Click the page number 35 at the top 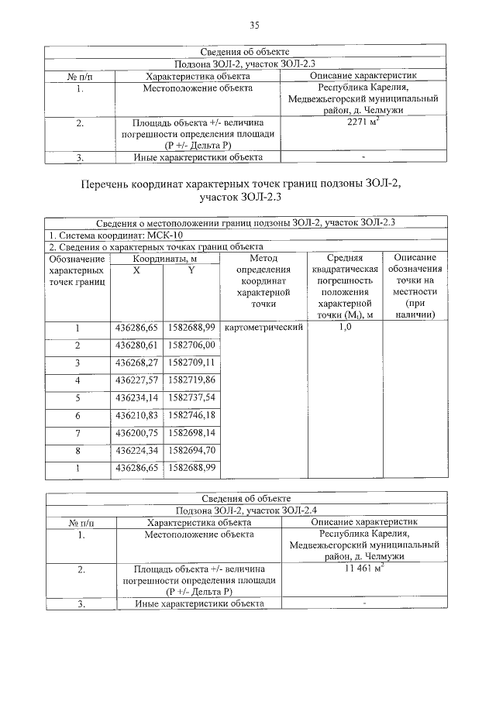[253, 26]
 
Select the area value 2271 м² [363, 122]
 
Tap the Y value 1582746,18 [191, 415]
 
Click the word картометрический [263, 328]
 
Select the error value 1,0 [346, 328]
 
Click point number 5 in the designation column [77, 397]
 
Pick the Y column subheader [191, 269]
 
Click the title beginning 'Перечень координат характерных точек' [246, 191]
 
